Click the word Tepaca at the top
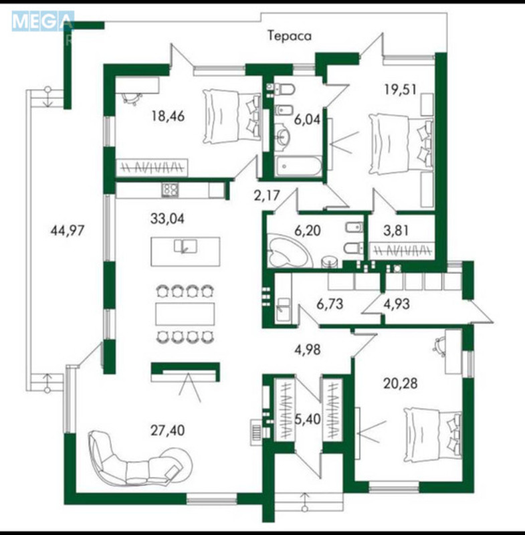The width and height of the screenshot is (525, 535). (290, 36)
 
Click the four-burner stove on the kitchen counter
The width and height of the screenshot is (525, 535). (170, 190)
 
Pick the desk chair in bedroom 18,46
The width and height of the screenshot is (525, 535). (131, 98)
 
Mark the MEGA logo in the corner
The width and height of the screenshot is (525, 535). (41, 21)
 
